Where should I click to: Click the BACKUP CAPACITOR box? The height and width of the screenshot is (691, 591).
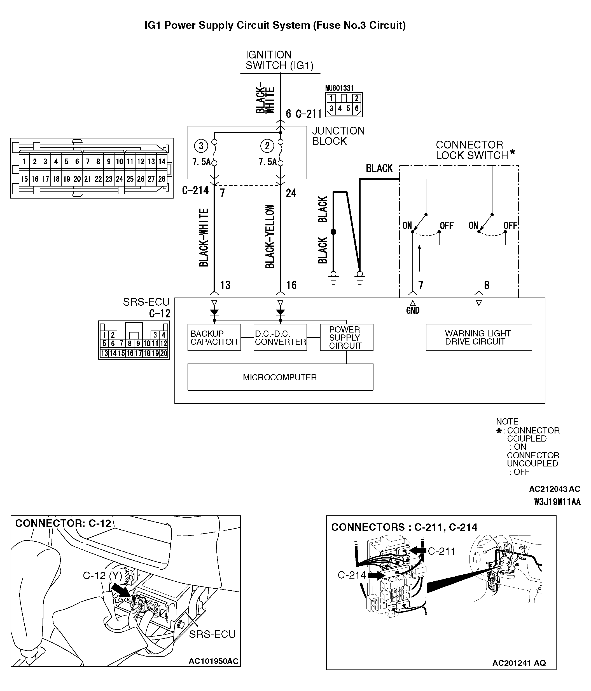pos(214,337)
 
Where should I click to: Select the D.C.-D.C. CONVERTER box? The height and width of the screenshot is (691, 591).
pos(280,337)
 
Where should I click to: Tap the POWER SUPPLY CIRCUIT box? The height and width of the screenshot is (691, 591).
pos(346,337)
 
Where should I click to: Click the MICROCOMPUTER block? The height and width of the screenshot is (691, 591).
pos(280,377)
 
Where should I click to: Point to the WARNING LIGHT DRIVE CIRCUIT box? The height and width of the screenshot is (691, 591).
pos(478,337)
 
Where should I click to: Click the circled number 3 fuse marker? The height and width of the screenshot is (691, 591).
pos(201,146)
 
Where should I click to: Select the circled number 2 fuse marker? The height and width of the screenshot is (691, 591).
pos(267,146)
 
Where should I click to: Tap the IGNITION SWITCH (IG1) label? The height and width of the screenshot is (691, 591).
pos(279,60)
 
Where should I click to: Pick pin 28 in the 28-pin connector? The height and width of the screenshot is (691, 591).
pos(162,179)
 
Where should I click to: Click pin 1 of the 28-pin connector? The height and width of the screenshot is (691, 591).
pos(24,162)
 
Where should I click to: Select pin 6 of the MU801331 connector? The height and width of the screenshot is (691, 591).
pos(357,109)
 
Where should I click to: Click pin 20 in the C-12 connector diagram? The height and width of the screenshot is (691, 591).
pos(163,353)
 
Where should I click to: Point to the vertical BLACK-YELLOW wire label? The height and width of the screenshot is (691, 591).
pos(270,236)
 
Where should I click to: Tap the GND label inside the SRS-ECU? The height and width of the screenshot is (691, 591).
pos(413,310)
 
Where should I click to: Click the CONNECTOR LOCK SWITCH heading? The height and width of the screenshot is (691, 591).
pos(472,150)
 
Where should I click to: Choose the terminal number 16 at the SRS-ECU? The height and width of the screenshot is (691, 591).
pos(291,285)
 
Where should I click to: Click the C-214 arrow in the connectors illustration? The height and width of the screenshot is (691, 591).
pos(375,575)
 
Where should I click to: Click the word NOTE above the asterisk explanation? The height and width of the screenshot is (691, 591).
pos(507,421)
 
